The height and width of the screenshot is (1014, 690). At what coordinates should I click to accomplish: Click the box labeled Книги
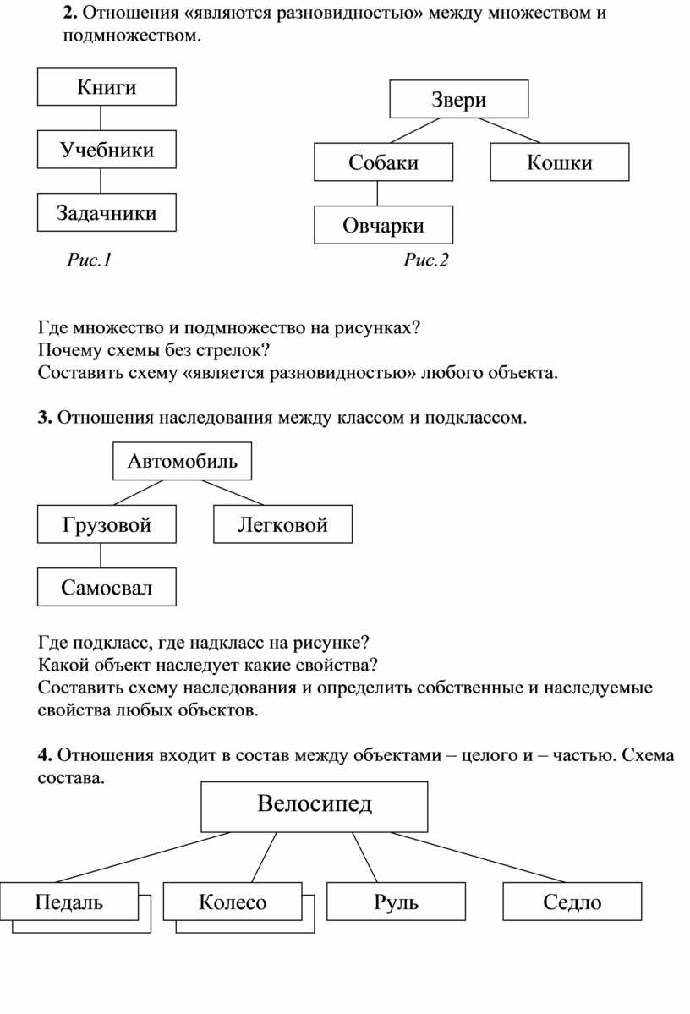(x=107, y=87)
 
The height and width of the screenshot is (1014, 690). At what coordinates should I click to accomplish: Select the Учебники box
(x=107, y=150)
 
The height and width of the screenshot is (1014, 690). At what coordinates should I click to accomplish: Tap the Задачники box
(x=107, y=212)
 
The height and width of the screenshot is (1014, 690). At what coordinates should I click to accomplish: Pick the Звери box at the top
(x=458, y=99)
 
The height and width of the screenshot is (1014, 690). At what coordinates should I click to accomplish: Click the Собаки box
(x=383, y=162)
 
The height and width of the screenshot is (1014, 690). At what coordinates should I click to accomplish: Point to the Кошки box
(x=559, y=162)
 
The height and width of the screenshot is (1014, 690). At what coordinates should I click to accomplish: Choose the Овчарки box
(x=383, y=225)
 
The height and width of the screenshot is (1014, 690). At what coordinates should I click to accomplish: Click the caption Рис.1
(x=90, y=260)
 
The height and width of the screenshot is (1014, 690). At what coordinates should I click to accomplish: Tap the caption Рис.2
(x=426, y=260)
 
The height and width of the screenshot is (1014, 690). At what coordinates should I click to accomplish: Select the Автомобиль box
(x=182, y=461)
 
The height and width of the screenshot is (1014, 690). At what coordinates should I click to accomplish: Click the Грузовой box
(x=107, y=524)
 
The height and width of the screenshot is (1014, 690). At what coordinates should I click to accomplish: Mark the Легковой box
(x=282, y=524)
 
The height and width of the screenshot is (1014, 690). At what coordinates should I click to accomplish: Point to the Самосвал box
(x=107, y=587)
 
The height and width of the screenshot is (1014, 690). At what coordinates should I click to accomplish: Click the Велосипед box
(x=315, y=806)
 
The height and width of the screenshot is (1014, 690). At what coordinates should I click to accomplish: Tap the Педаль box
(x=69, y=902)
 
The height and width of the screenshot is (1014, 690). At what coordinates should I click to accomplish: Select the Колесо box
(x=233, y=902)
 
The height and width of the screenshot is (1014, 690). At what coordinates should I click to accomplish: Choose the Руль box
(x=396, y=902)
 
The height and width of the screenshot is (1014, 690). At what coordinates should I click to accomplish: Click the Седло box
(x=572, y=902)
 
